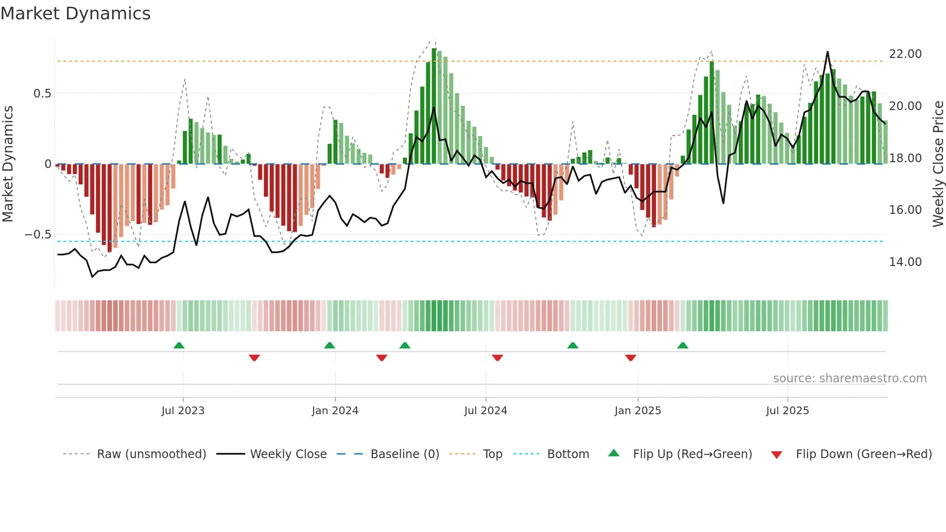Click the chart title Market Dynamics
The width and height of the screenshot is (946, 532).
[x=76, y=14]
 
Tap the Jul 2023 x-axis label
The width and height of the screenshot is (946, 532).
[x=183, y=411]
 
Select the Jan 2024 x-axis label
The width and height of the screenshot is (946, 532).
[x=335, y=411]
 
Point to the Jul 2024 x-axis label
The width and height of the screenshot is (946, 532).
[x=486, y=411]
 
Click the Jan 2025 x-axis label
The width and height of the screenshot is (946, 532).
[x=638, y=411]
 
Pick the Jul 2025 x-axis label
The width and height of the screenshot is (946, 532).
[x=787, y=411]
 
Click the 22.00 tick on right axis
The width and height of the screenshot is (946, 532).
[x=905, y=54]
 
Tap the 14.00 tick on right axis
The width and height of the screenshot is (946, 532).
[x=905, y=262]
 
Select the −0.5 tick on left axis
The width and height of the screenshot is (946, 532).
[x=38, y=235]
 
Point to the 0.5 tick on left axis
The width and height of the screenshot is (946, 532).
[x=42, y=94]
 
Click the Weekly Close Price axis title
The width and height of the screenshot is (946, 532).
[x=938, y=164]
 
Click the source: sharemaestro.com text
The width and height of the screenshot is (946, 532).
[x=849, y=378]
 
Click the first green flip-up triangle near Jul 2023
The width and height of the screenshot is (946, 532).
[x=179, y=346]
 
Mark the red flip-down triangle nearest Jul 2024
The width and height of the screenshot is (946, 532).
[x=498, y=357]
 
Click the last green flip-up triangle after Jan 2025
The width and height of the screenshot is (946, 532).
[x=682, y=346]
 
